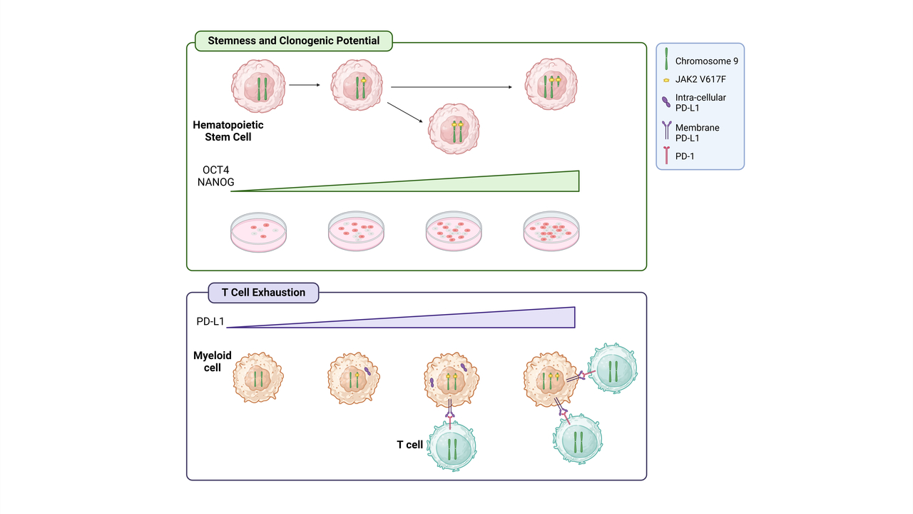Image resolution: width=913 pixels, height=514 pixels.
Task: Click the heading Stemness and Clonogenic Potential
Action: pyautogui.click(x=293, y=41)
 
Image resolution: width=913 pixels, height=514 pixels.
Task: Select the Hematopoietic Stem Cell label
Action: pyautogui.click(x=228, y=131)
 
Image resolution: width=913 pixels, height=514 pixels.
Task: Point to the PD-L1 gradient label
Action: pyautogui.click(x=210, y=322)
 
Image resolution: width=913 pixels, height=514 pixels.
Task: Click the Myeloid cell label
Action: pyautogui.click(x=213, y=361)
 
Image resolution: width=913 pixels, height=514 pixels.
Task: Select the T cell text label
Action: pyautogui.click(x=410, y=445)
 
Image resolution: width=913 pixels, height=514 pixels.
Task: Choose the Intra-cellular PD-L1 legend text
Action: pyautogui.click(x=700, y=102)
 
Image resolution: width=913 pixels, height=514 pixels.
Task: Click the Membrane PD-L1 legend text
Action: pyautogui.click(x=698, y=132)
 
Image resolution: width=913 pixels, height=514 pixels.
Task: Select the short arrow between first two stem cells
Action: pyautogui.click(x=305, y=85)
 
